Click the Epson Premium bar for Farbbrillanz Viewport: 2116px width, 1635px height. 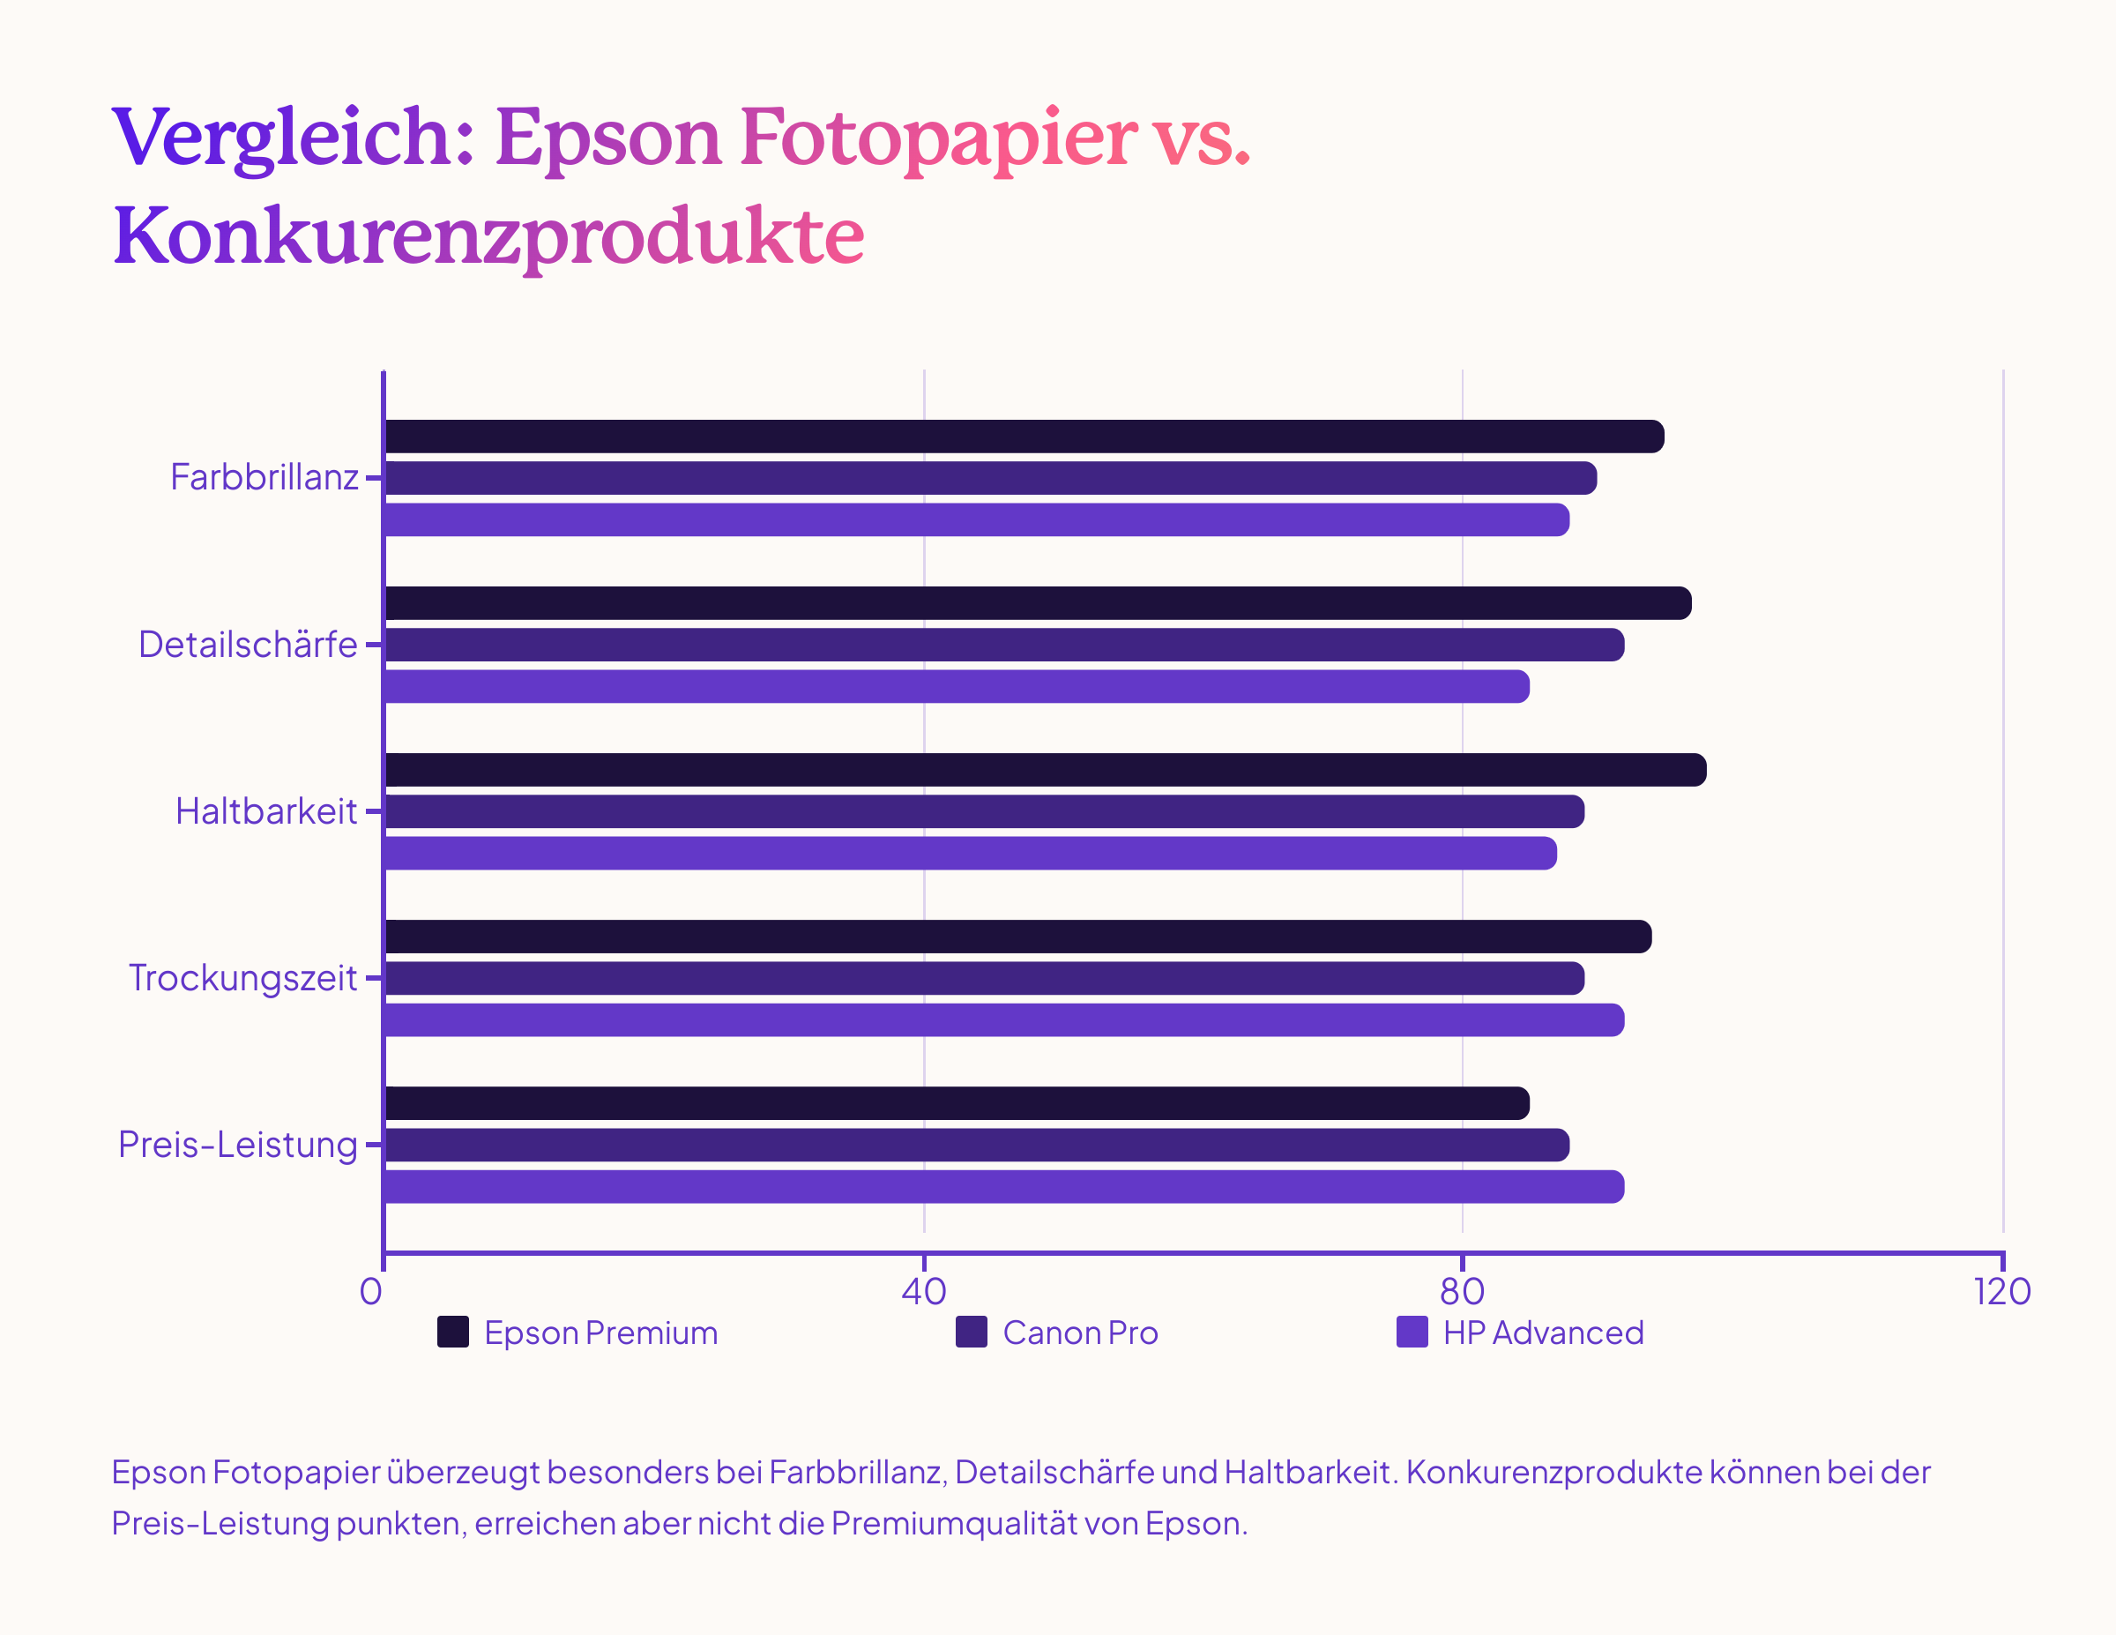point(1023,437)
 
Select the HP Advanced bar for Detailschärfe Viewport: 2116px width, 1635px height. point(957,686)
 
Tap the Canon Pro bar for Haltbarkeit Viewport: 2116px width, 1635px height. point(983,811)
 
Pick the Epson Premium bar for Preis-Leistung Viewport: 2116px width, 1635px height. point(957,1103)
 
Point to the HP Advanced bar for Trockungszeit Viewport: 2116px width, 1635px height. point(1003,1019)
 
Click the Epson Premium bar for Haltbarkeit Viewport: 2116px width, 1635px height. point(1045,770)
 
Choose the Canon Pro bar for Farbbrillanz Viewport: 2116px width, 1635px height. point(990,478)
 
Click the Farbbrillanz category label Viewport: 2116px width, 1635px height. point(264,478)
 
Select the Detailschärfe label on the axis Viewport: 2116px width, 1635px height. point(248,645)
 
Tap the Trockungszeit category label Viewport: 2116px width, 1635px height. point(243,978)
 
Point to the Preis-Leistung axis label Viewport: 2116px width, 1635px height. point(237,1145)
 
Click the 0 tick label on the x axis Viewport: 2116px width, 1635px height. point(370,1291)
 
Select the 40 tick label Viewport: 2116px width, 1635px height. point(923,1291)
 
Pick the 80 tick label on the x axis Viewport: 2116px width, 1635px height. point(1462,1291)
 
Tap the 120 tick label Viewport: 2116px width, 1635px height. point(2001,1291)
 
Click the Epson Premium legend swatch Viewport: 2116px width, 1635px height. point(452,1332)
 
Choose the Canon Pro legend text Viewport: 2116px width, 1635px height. point(1080,1333)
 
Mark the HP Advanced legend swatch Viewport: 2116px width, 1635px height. point(1412,1332)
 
